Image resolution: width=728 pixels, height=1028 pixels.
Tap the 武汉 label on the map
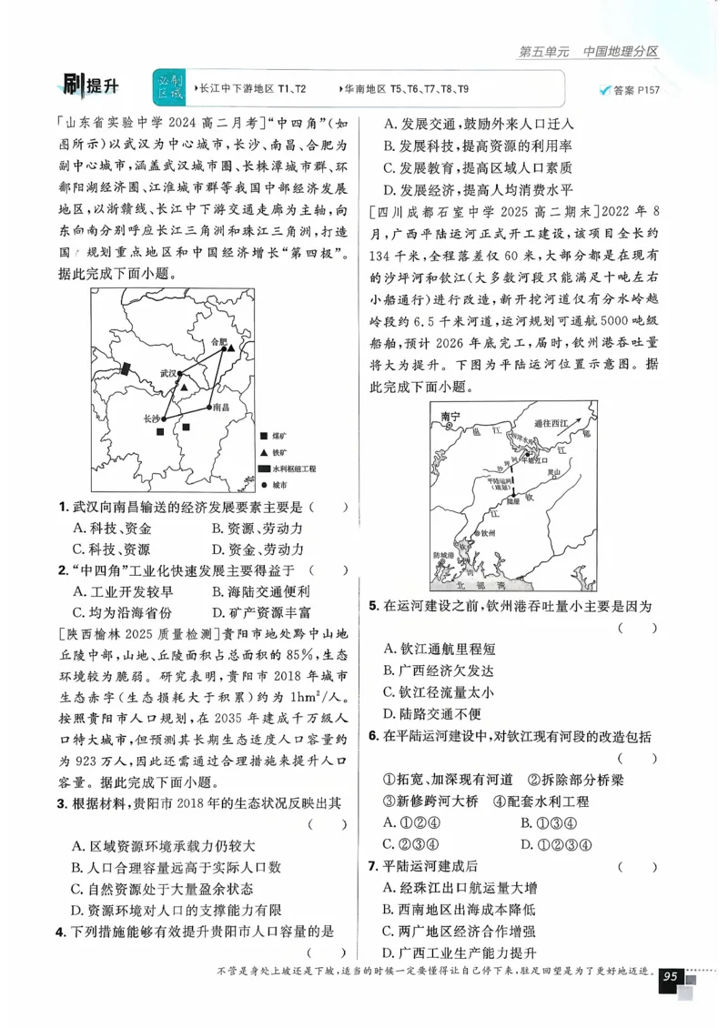[167, 373]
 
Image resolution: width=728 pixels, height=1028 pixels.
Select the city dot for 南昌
[209, 406]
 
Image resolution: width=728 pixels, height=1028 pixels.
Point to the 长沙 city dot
[165, 418]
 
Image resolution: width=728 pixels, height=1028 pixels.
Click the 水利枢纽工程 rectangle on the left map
[127, 369]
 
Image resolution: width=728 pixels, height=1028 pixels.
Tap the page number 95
[672, 976]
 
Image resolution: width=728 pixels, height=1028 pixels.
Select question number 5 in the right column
[373, 606]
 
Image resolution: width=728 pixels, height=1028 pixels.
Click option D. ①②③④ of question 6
[557, 843]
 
